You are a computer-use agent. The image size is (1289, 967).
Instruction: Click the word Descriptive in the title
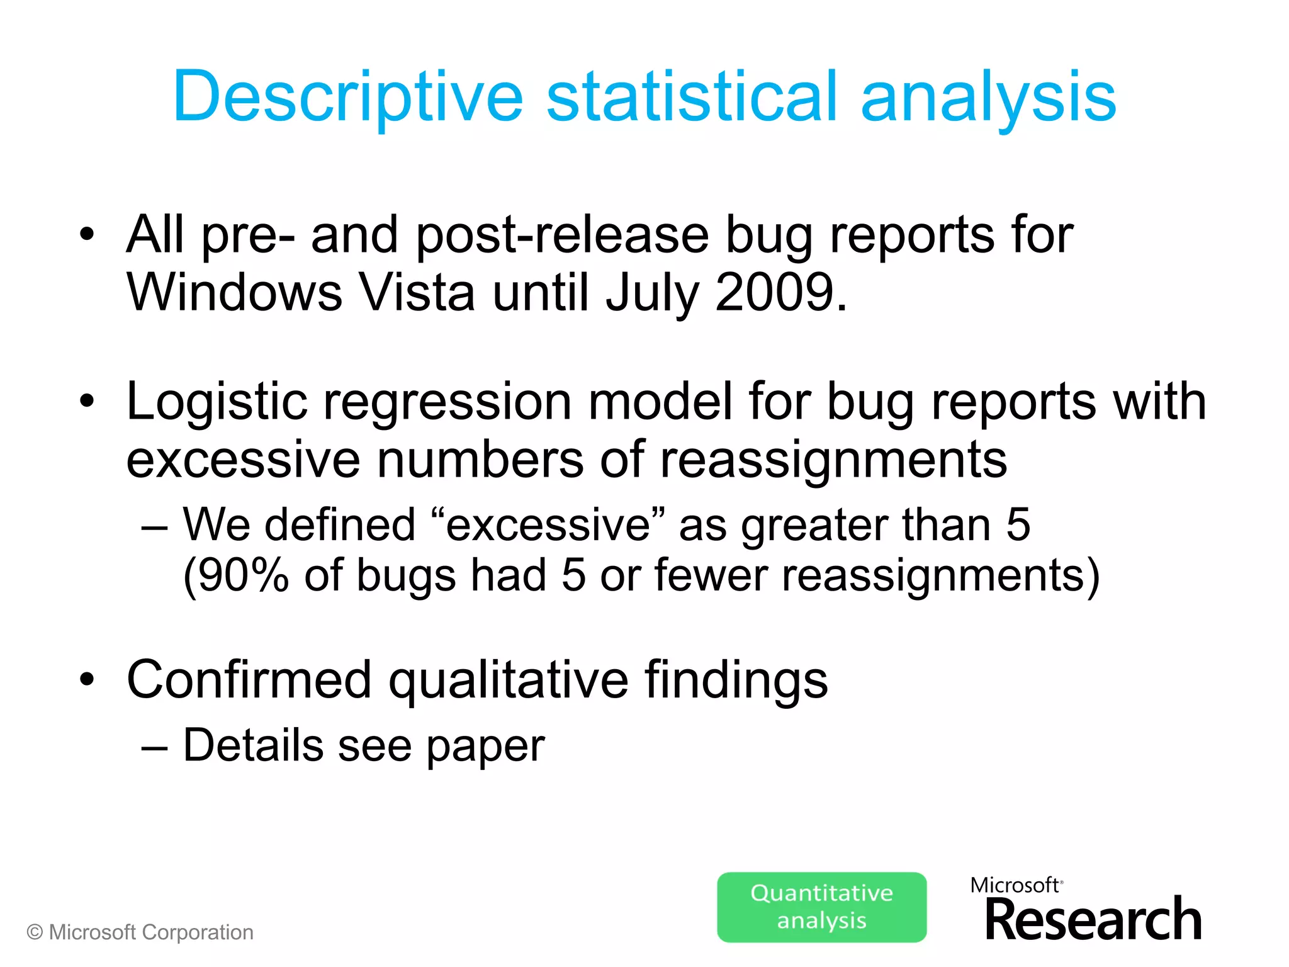tap(347, 98)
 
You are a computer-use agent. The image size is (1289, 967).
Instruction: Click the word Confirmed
tap(249, 680)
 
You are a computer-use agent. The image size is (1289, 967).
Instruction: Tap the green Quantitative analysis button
tap(821, 907)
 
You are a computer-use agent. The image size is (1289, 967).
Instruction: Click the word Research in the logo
tap(1093, 920)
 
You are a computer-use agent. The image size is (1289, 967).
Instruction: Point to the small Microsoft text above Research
tap(1014, 885)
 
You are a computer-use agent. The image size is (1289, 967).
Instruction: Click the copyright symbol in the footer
tap(35, 932)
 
